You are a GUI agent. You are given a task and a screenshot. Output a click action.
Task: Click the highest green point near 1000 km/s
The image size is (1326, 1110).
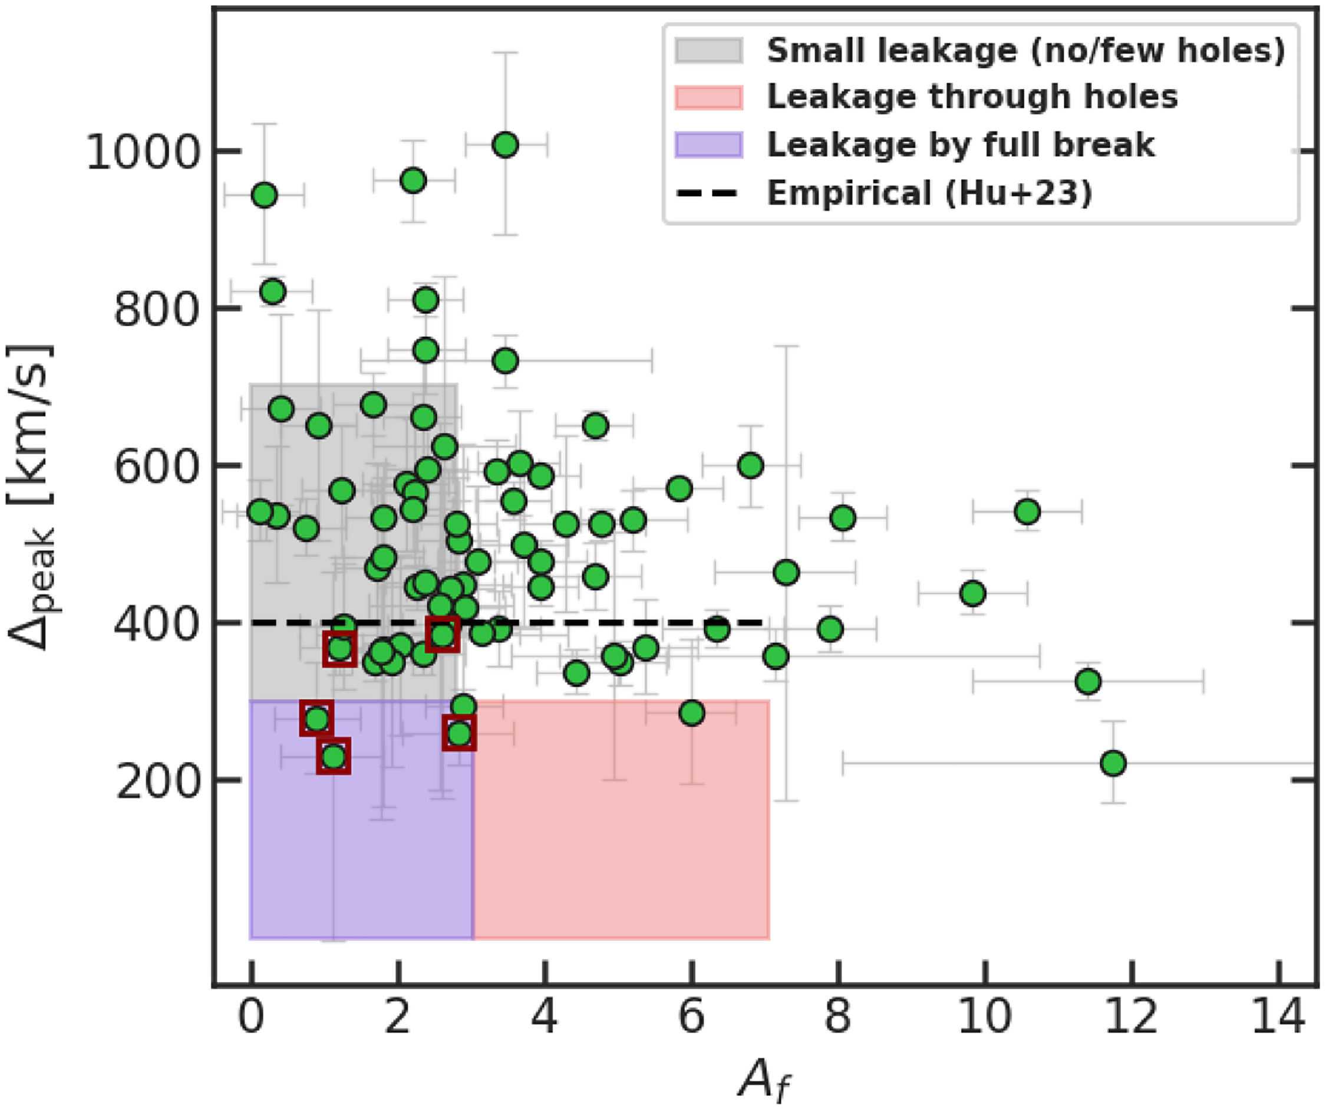[505, 145]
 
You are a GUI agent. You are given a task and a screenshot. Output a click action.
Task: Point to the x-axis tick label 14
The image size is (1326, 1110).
[1278, 1018]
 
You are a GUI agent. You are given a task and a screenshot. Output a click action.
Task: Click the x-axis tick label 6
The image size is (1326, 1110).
[691, 1018]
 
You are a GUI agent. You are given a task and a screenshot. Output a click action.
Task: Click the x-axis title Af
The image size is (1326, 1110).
[763, 1081]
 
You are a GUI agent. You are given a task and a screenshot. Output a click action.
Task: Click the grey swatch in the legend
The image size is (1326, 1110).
[708, 50]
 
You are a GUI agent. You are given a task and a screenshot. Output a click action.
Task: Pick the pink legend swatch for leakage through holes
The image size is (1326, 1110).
[708, 97]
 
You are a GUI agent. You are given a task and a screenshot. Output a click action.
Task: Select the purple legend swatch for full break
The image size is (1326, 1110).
[708, 145]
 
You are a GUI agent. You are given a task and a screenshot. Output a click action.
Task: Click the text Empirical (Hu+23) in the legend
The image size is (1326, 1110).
[929, 192]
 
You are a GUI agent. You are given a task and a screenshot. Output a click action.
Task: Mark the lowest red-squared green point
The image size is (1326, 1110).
[334, 756]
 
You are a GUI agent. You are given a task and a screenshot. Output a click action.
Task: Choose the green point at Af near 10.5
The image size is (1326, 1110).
[1027, 511]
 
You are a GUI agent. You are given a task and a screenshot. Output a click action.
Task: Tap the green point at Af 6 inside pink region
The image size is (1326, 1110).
[692, 712]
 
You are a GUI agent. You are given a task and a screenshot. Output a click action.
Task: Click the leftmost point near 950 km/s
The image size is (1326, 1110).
[264, 195]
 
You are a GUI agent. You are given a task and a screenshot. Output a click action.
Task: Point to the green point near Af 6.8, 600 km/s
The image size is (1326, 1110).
[750, 465]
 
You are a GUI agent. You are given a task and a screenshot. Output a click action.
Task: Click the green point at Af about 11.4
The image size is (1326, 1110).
[1088, 682]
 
